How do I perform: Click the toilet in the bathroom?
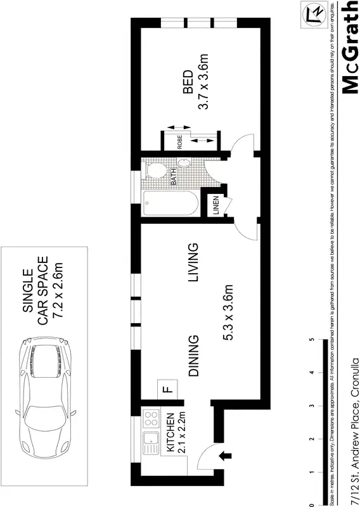[x=155, y=171]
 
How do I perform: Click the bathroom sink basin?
[x=185, y=163]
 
